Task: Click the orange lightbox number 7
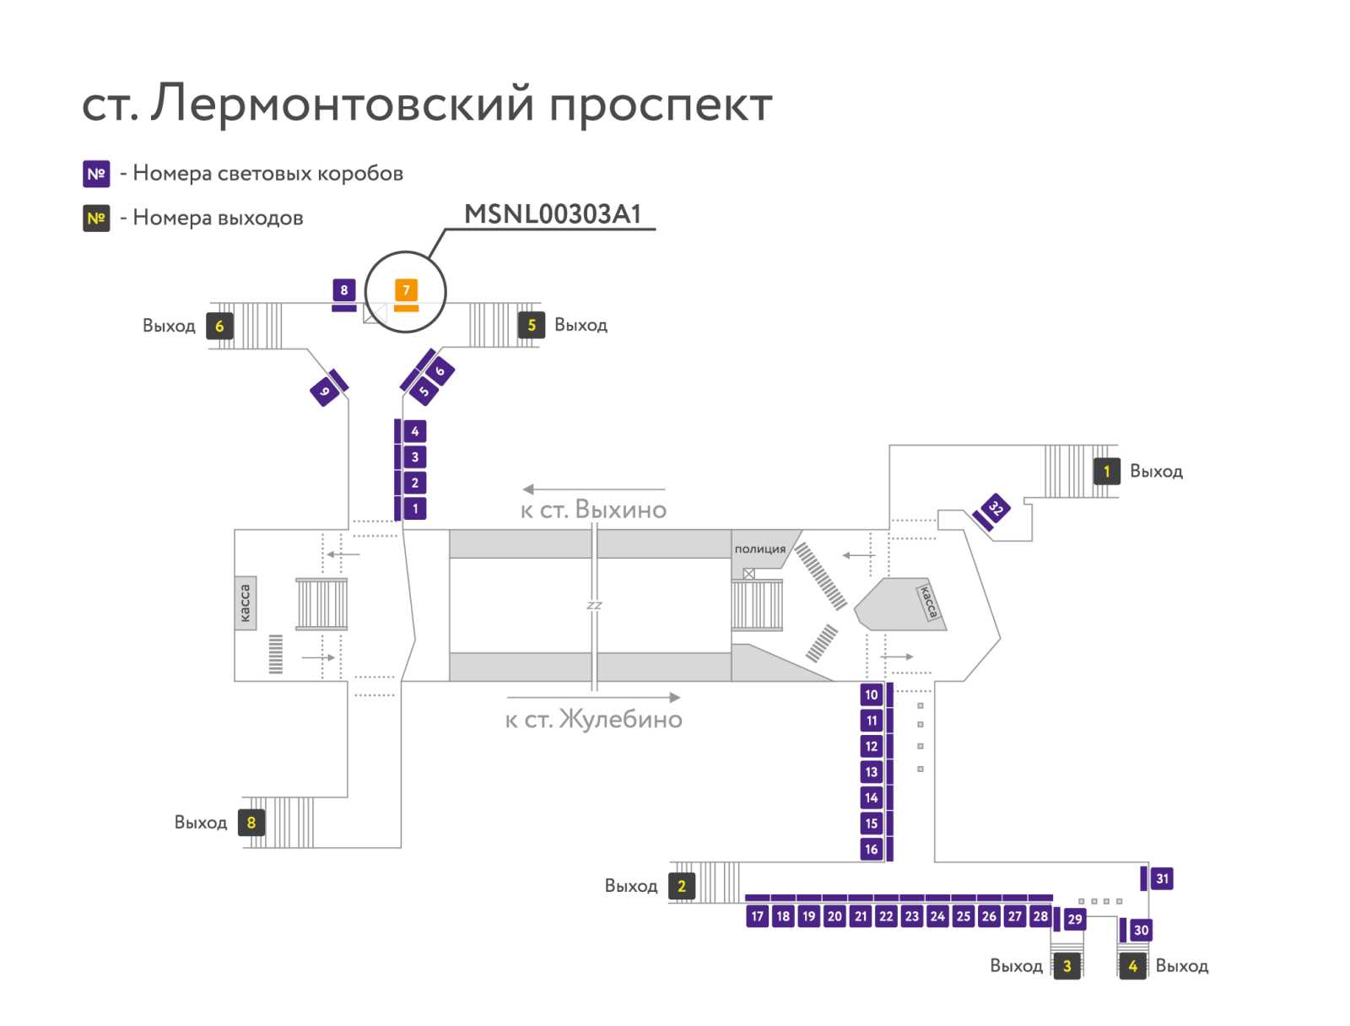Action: point(405,289)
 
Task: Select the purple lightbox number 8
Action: point(343,289)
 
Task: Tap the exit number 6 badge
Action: point(219,326)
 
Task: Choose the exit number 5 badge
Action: point(532,325)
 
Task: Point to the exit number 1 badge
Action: point(1106,472)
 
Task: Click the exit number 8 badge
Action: point(251,822)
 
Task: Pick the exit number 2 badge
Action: point(682,886)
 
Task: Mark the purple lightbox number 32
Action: point(995,509)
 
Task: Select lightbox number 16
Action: point(871,849)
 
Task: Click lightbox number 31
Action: point(1161,878)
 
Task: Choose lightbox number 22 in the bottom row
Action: point(886,916)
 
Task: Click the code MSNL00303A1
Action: point(553,214)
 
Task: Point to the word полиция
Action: point(759,549)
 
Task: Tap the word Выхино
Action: point(620,510)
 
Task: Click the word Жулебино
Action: point(620,719)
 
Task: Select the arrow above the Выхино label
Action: point(593,489)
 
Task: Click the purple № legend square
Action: point(96,174)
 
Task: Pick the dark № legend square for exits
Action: point(96,219)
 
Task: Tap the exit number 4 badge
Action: point(1132,966)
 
